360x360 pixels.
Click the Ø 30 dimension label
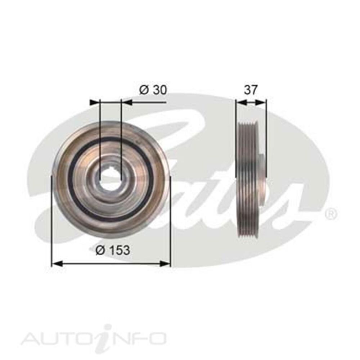pos(153,90)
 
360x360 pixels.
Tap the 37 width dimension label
pos(251,90)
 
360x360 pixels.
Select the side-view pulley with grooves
pos(248,178)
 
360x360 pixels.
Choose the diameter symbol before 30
pos(143,90)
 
